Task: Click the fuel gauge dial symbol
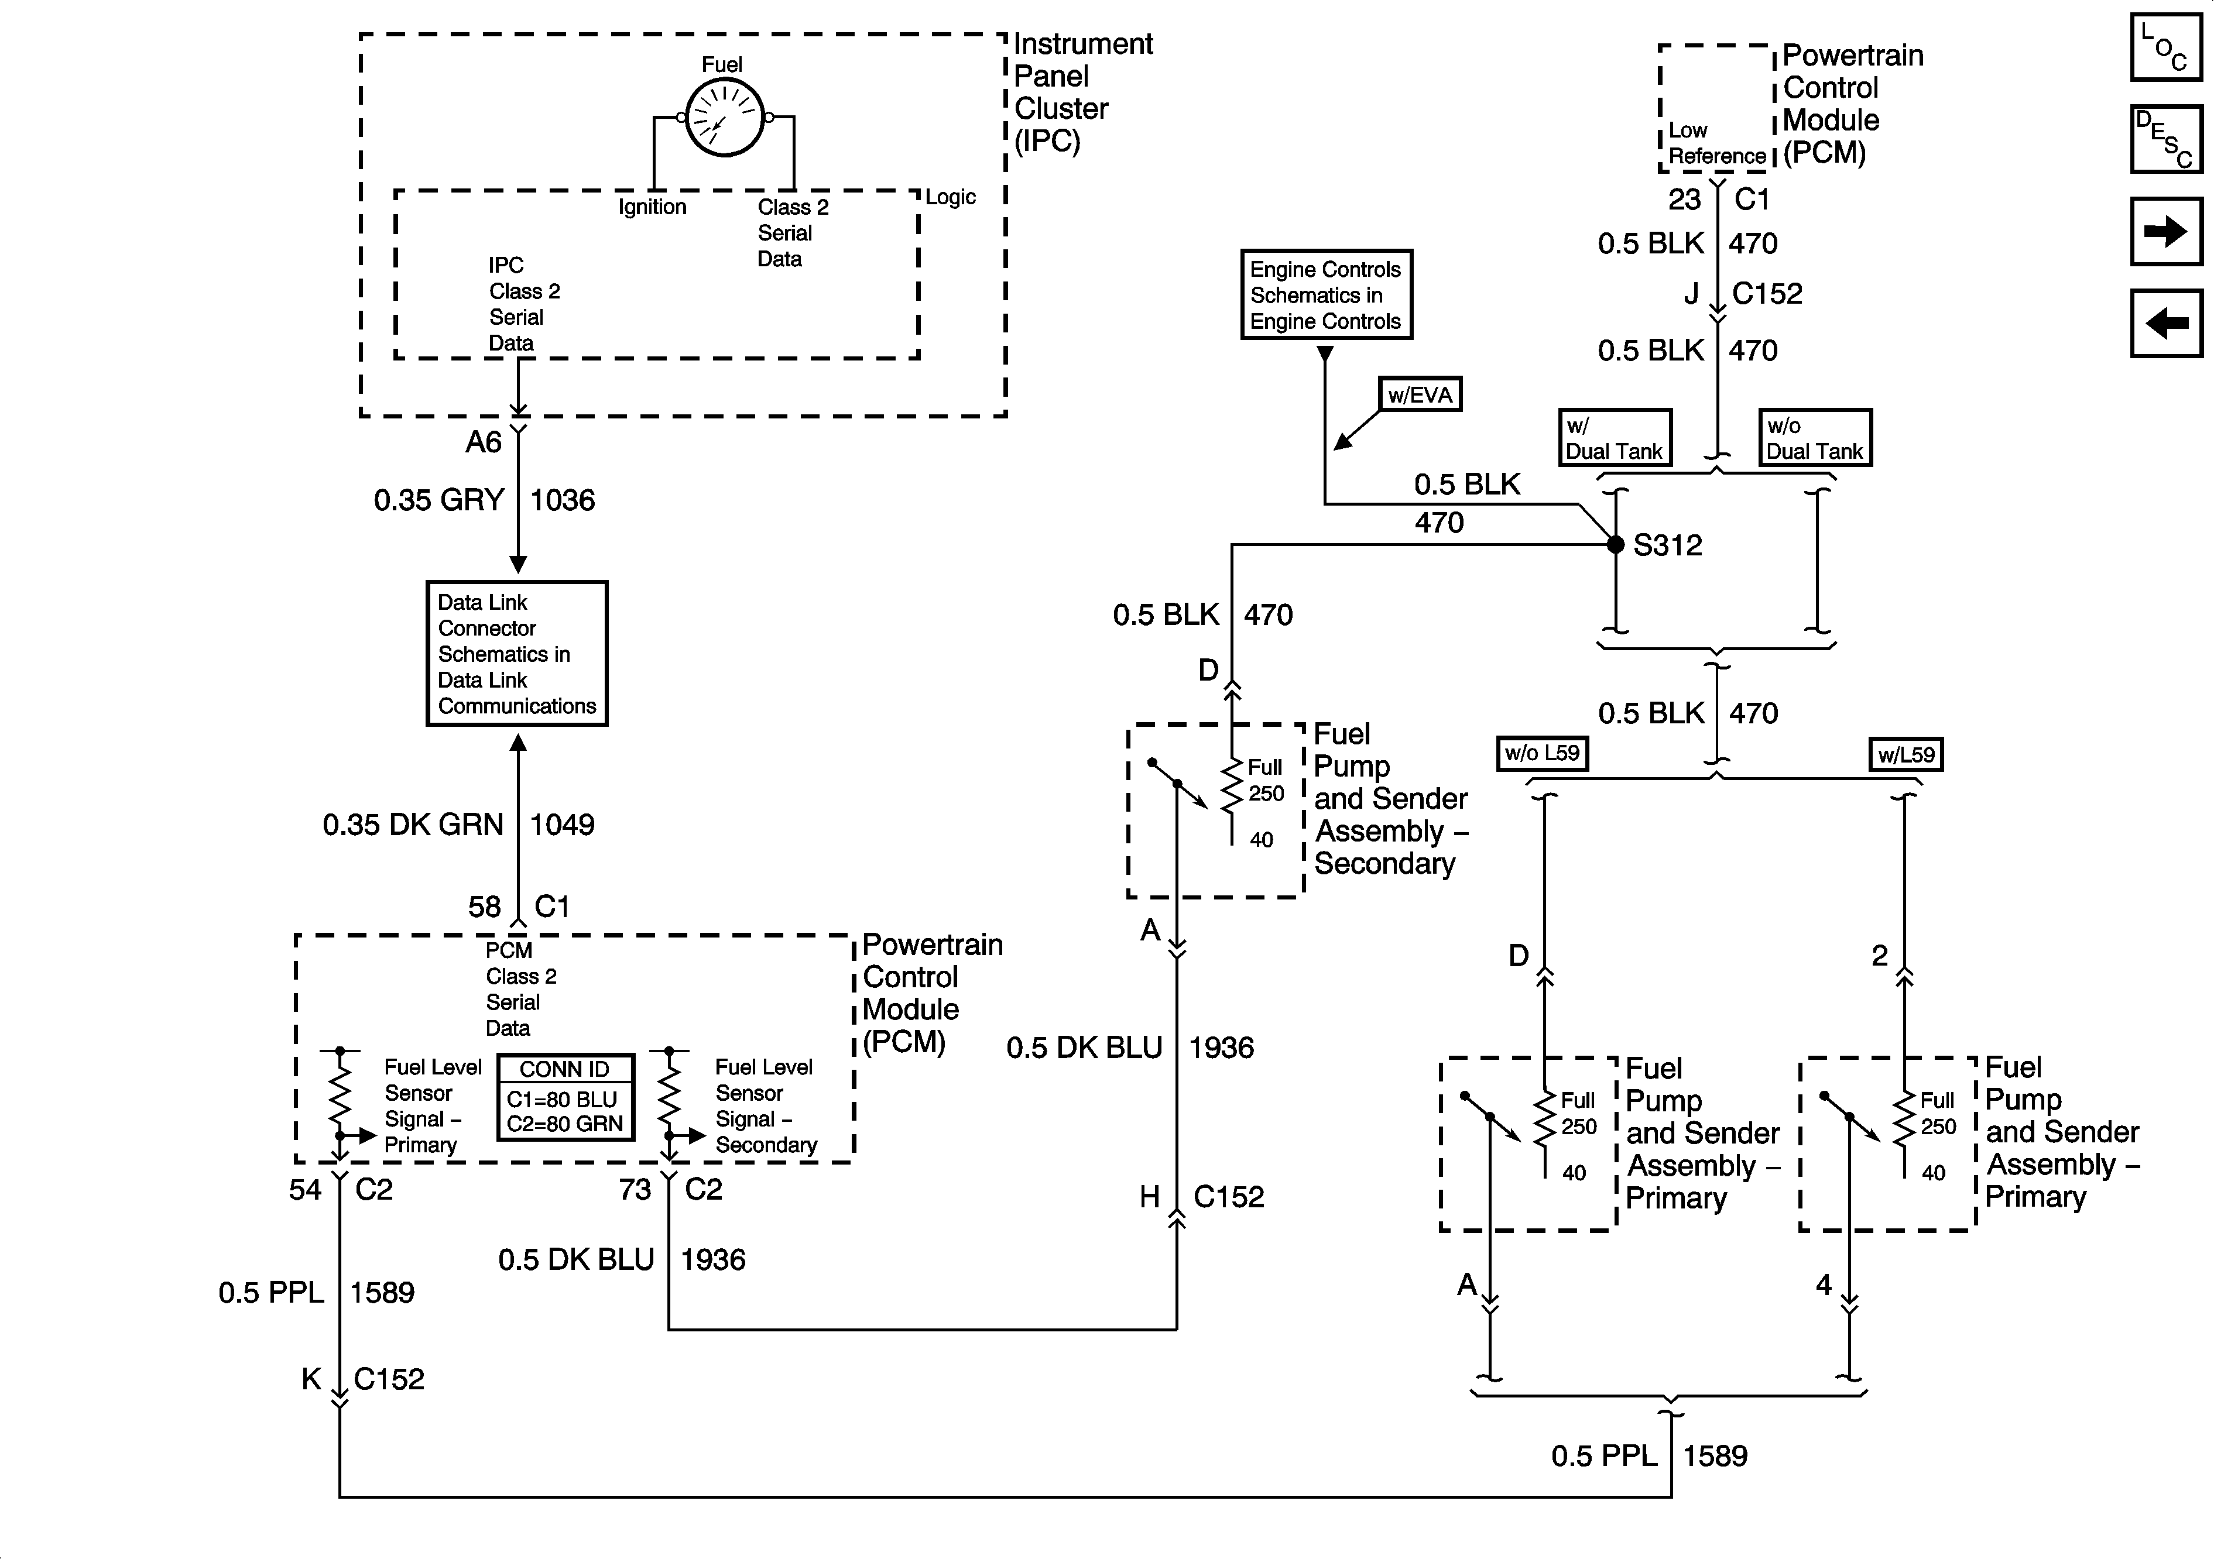[724, 118]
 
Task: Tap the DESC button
[2166, 139]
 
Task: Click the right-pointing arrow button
[2166, 231]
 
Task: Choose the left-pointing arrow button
[2166, 323]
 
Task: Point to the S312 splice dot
[1615, 545]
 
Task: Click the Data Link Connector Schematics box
[517, 654]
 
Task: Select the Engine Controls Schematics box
[1326, 295]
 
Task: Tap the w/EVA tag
[1420, 394]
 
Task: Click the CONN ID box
[565, 1097]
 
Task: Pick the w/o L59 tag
[1542, 753]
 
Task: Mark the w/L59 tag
[1905, 754]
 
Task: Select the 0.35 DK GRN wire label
[413, 825]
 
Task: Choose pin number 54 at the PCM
[305, 1190]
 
